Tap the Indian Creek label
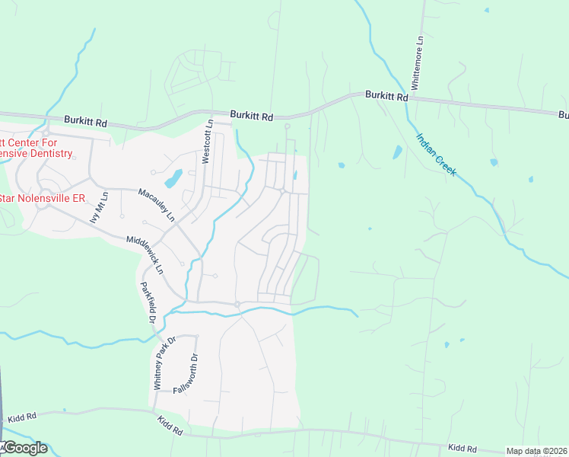436,155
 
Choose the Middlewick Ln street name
145,255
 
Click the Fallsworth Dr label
186,373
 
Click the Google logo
24,448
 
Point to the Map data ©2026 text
537,452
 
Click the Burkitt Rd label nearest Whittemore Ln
386,96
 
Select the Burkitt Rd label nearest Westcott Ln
251,117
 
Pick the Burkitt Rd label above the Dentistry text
86,120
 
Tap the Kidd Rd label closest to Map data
462,449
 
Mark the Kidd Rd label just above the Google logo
22,418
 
